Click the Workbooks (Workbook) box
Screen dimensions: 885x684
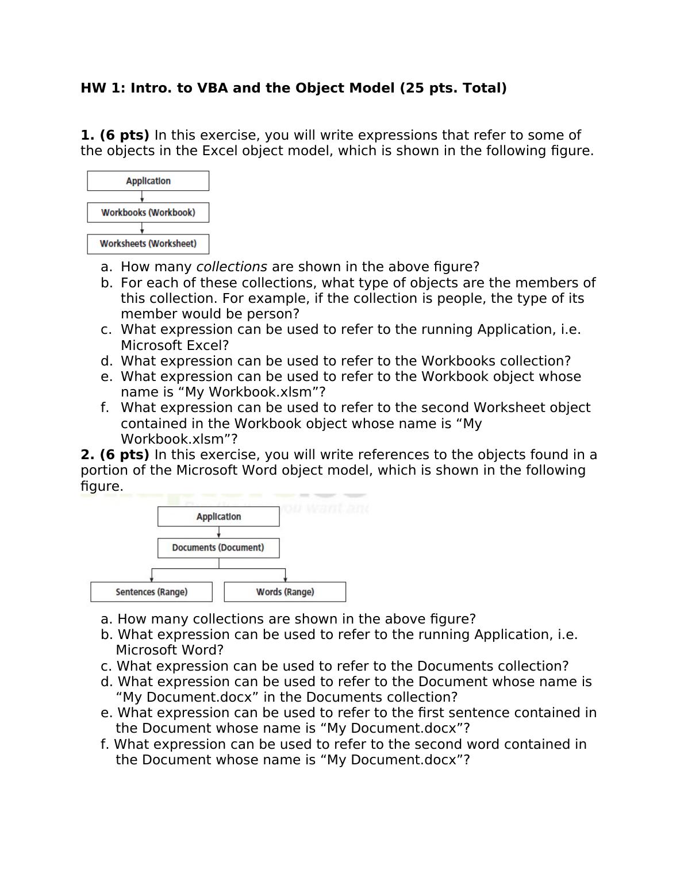pyautogui.click(x=148, y=213)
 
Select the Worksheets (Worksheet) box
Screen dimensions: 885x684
pyautogui.click(x=148, y=244)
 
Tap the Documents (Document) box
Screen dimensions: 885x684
pyautogui.click(x=218, y=548)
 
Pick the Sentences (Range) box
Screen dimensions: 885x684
pyautogui.click(x=151, y=592)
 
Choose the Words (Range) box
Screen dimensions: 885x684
pyautogui.click(x=285, y=592)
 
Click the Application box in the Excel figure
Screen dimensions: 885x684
pyautogui.click(x=148, y=181)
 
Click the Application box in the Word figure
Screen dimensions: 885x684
pyautogui.click(x=218, y=517)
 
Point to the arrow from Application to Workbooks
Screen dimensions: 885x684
pyautogui.click(x=142, y=197)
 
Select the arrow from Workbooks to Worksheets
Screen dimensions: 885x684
pyautogui.click(x=142, y=228)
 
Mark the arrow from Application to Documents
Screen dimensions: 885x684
pyautogui.click(x=218, y=532)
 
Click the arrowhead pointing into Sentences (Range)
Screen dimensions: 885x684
pyautogui.click(x=152, y=579)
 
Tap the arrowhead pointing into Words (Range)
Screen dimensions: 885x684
pyautogui.click(x=285, y=579)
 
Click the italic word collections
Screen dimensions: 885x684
pyautogui.click(x=232, y=267)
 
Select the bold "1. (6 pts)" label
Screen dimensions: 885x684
pyautogui.click(x=115, y=136)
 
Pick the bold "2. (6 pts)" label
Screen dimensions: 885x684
pyautogui.click(x=115, y=455)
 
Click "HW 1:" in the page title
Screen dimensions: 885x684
pyautogui.click(x=103, y=88)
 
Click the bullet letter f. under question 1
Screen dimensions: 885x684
pyautogui.click(x=105, y=408)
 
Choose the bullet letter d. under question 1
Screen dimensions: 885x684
pyautogui.click(x=106, y=361)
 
